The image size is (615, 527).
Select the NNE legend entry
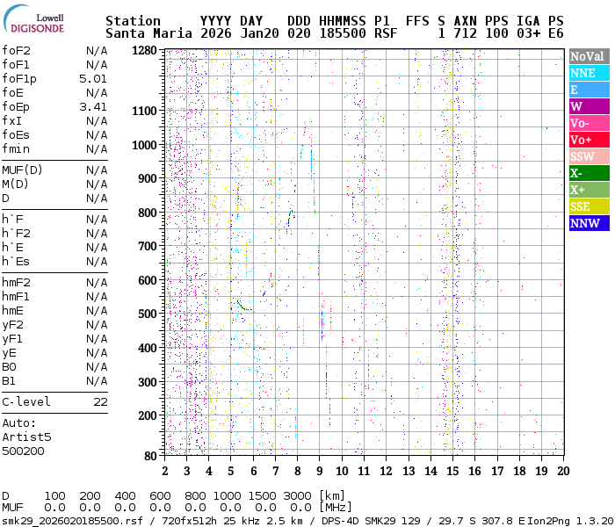(x=589, y=73)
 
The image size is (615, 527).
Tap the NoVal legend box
(x=589, y=56)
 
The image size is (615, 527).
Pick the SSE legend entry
(x=589, y=206)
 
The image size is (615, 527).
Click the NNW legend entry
(x=589, y=223)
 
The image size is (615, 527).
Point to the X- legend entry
(x=589, y=173)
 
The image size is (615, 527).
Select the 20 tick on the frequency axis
(x=562, y=472)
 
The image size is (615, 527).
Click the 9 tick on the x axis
(x=320, y=472)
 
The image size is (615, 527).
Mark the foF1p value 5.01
(x=93, y=78)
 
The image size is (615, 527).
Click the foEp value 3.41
(x=93, y=106)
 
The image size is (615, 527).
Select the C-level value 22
(x=100, y=401)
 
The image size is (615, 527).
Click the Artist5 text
(x=26, y=437)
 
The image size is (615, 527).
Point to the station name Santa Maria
(x=145, y=33)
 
